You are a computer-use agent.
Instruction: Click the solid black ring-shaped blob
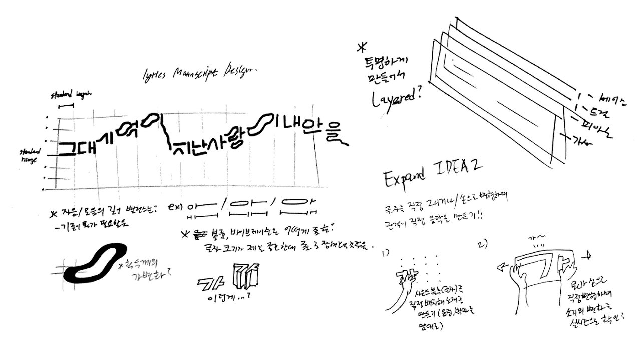100,260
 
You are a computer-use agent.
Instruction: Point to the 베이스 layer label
609,100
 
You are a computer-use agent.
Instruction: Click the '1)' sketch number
386,253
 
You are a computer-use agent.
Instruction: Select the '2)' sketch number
484,244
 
